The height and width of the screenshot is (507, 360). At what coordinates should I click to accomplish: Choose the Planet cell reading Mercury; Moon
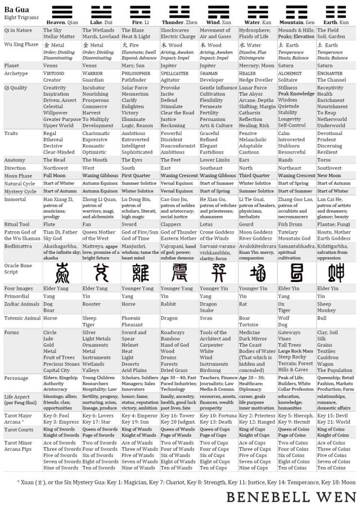[x=256, y=65]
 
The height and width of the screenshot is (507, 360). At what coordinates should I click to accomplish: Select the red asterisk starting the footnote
[x=20, y=481]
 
